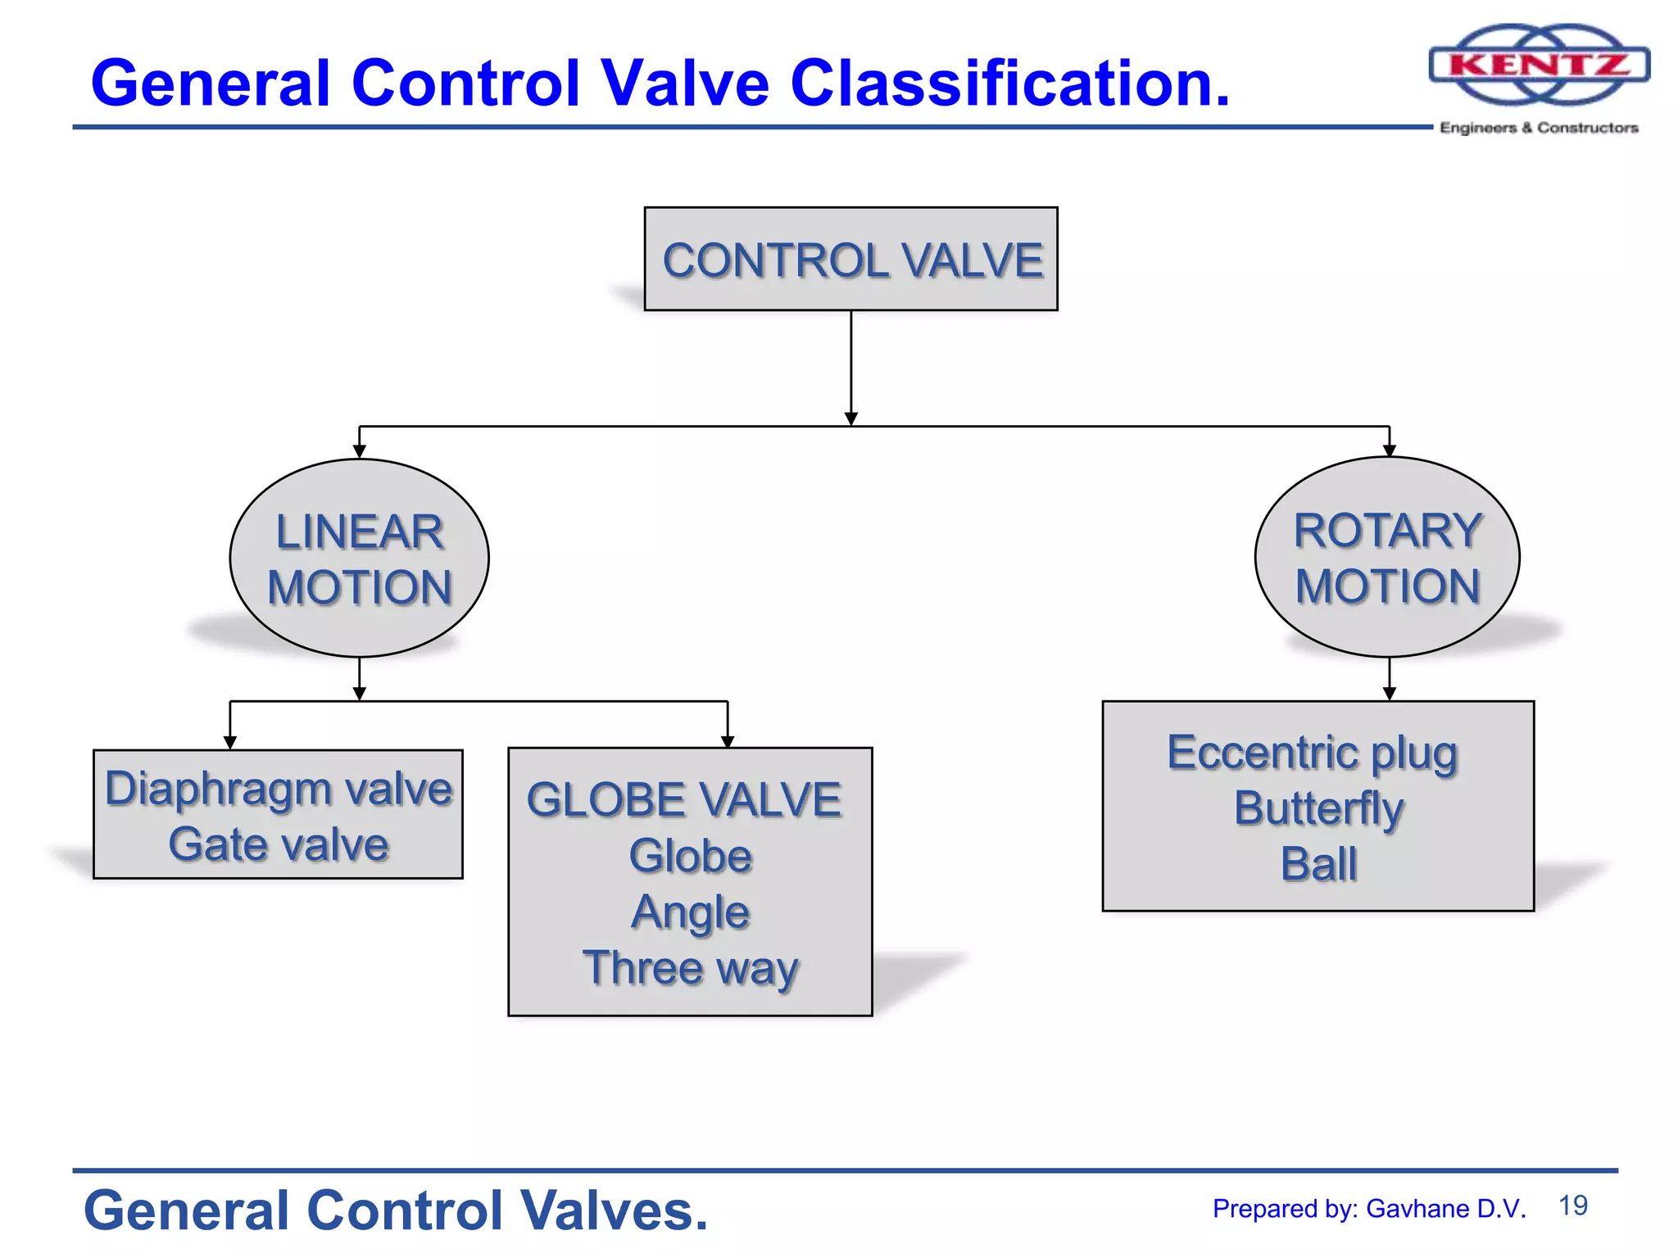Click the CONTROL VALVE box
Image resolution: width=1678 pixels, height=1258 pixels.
click(850, 259)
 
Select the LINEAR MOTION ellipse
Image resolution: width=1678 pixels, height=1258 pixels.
click(359, 559)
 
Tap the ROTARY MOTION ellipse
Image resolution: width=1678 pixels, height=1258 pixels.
click(1387, 557)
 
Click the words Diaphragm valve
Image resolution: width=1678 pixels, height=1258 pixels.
click(279, 789)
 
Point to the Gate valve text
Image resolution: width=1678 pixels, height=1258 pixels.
click(279, 844)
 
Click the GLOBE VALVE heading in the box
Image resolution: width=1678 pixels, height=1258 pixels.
click(684, 799)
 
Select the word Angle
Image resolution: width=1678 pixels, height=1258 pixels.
click(690, 912)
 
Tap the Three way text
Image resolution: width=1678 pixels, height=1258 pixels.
click(690, 968)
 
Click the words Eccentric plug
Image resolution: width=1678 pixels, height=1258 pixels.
click(1313, 753)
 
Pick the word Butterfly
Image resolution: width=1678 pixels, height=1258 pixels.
click(1318, 808)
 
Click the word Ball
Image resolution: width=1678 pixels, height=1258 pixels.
click(1318, 864)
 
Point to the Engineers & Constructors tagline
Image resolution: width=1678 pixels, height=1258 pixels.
click(1539, 128)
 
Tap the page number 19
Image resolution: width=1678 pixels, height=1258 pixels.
click(1572, 1206)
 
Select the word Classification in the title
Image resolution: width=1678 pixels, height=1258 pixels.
click(1009, 84)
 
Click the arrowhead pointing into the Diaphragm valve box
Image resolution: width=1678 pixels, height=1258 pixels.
click(230, 742)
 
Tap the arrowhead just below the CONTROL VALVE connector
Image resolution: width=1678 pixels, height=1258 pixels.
click(850, 419)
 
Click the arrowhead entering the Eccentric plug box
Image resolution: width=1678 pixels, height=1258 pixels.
click(1389, 694)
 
